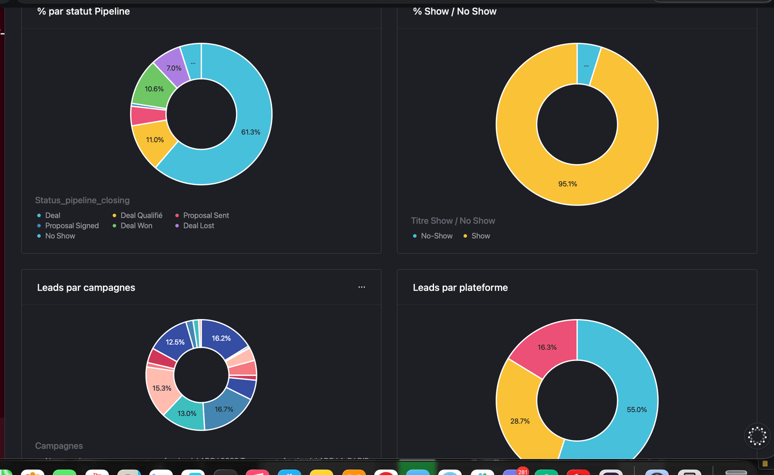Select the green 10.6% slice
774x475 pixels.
click(x=153, y=89)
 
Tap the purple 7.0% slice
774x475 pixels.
click(x=173, y=68)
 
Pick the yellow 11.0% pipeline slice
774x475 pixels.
click(x=154, y=140)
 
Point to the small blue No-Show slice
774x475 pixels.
click(x=587, y=65)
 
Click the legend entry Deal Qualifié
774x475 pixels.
click(x=141, y=215)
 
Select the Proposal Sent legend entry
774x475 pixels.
click(x=206, y=215)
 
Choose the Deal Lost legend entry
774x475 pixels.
click(x=199, y=226)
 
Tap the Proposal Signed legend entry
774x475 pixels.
click(x=72, y=226)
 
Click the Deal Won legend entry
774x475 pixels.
click(x=136, y=226)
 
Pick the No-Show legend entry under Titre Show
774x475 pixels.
click(x=437, y=236)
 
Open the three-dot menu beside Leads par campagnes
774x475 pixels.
click(x=362, y=287)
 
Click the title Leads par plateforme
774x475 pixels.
click(x=460, y=288)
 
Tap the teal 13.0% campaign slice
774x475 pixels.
click(x=186, y=414)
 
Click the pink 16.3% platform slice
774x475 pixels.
click(x=547, y=347)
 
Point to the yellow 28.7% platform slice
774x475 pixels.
click(x=519, y=421)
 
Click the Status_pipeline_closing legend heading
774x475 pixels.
click(x=83, y=200)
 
